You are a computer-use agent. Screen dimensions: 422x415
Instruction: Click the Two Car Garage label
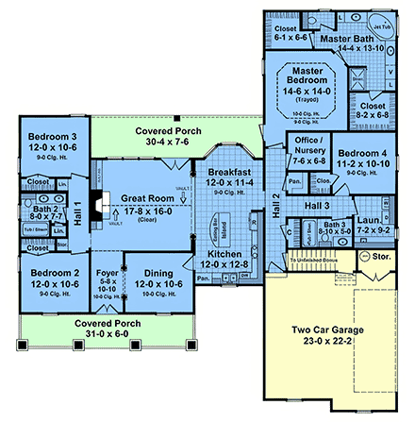[x=327, y=332]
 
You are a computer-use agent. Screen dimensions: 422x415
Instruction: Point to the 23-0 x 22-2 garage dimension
[x=327, y=345]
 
